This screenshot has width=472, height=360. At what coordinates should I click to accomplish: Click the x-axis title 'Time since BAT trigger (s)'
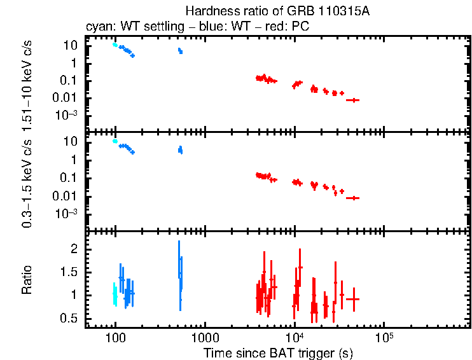[x=278, y=352]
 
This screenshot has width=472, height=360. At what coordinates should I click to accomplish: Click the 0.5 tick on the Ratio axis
[x=69, y=318]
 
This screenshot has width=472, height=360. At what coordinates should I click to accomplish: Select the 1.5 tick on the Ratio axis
[x=69, y=272]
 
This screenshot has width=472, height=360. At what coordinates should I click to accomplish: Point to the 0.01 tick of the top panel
[x=67, y=97]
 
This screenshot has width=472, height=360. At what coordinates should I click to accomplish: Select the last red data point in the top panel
[x=352, y=100]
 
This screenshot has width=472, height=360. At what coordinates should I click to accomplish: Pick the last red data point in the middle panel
[x=352, y=198]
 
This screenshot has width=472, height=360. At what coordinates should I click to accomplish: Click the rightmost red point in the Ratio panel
[x=352, y=299]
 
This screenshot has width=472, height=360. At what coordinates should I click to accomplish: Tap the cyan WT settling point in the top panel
[x=115, y=45]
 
